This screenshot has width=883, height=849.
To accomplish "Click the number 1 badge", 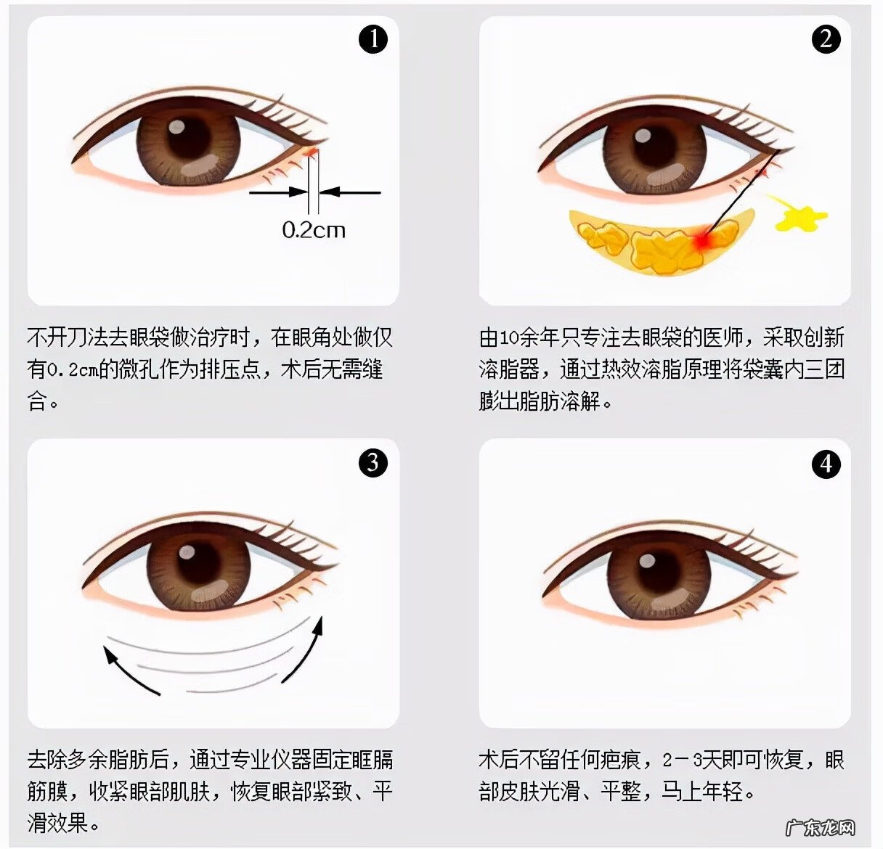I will click(x=374, y=39).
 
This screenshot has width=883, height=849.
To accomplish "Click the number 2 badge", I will click(x=826, y=39).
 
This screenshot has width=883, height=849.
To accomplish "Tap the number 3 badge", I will click(x=373, y=462).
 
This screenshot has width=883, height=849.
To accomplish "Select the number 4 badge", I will click(x=826, y=464).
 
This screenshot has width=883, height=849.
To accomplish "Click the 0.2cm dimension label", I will click(x=314, y=230).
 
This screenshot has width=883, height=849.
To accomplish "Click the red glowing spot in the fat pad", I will click(x=701, y=240).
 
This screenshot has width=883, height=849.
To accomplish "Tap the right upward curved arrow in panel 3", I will click(x=304, y=650).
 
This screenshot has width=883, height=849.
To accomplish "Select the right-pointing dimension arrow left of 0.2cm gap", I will click(x=280, y=192).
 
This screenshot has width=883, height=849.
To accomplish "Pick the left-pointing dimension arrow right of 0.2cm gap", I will click(x=350, y=192).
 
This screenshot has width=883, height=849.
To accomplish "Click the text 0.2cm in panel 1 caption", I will click(x=73, y=369).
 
